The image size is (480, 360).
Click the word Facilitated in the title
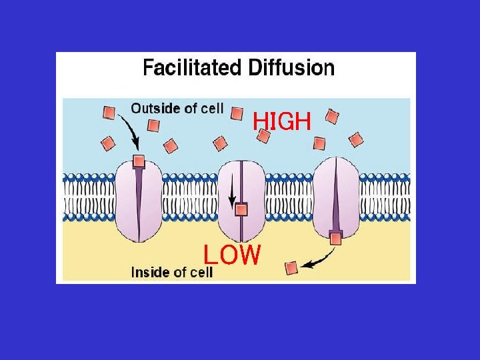coord(192,67)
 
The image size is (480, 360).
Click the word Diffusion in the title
coord(291,67)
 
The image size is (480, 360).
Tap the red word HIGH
coord(282,121)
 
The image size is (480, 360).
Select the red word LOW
coord(232,255)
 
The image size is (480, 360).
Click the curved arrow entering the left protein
coord(130,131)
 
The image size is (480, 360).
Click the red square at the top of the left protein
coord(139,161)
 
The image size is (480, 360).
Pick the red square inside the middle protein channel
coord(241,210)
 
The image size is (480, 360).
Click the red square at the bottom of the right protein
coord(335,238)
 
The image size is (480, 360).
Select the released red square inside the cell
coord(291,268)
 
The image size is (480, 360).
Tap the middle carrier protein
coord(241,201)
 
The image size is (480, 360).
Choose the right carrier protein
coord(336,198)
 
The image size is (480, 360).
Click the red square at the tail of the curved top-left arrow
coord(109,113)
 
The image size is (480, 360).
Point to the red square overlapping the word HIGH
coord(263,135)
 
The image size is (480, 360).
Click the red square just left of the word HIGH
coord(237,113)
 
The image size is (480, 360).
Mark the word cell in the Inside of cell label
coord(201,272)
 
